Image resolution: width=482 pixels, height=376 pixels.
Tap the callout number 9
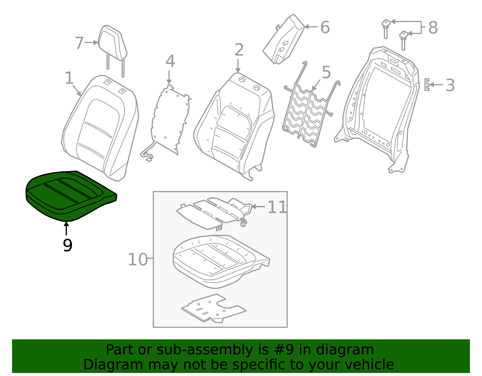pos(67,245)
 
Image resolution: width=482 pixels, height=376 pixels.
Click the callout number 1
pos(69,78)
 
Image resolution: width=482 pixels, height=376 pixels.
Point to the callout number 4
pos(170,61)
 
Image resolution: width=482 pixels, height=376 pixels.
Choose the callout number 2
pos(239,50)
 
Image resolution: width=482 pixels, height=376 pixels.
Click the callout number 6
pos(325,27)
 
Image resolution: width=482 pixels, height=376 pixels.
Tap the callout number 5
pos(326,73)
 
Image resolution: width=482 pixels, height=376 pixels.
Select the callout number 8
pos(433,28)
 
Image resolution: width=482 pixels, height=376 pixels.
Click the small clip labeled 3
pos(427,85)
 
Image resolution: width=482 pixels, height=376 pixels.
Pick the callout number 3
pos(450,85)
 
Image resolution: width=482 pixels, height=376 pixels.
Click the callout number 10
pos(137,259)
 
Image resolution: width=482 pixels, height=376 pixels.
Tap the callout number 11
pos(277,207)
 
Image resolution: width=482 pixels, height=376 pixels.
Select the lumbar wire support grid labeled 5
pos(306,117)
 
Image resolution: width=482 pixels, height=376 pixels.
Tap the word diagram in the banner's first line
pos(354,350)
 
